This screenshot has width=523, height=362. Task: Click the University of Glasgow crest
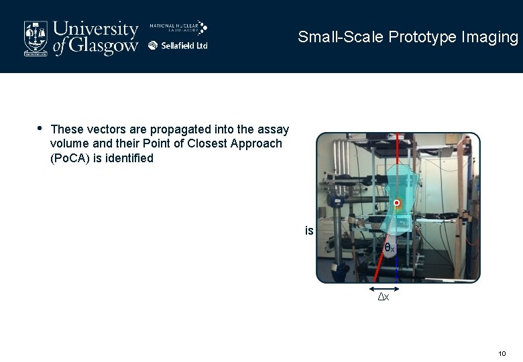(x=36, y=38)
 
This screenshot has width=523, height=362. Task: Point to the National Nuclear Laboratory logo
(x=178, y=28)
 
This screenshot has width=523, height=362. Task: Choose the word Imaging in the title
(x=489, y=37)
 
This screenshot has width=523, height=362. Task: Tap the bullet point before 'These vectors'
(x=40, y=127)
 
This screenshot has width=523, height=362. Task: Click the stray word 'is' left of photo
(x=309, y=231)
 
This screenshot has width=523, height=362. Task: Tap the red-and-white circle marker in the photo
(x=397, y=202)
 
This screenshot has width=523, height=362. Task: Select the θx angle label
(x=389, y=248)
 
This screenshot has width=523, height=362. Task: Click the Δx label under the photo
(x=384, y=297)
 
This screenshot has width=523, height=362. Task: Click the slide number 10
(x=502, y=353)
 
